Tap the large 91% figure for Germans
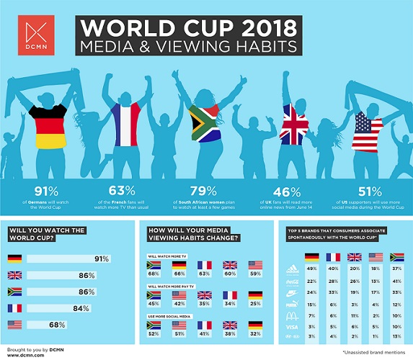tap(35, 192)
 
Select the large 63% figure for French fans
tap(120, 192)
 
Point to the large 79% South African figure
tap(203, 192)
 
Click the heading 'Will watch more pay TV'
tap(166, 287)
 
